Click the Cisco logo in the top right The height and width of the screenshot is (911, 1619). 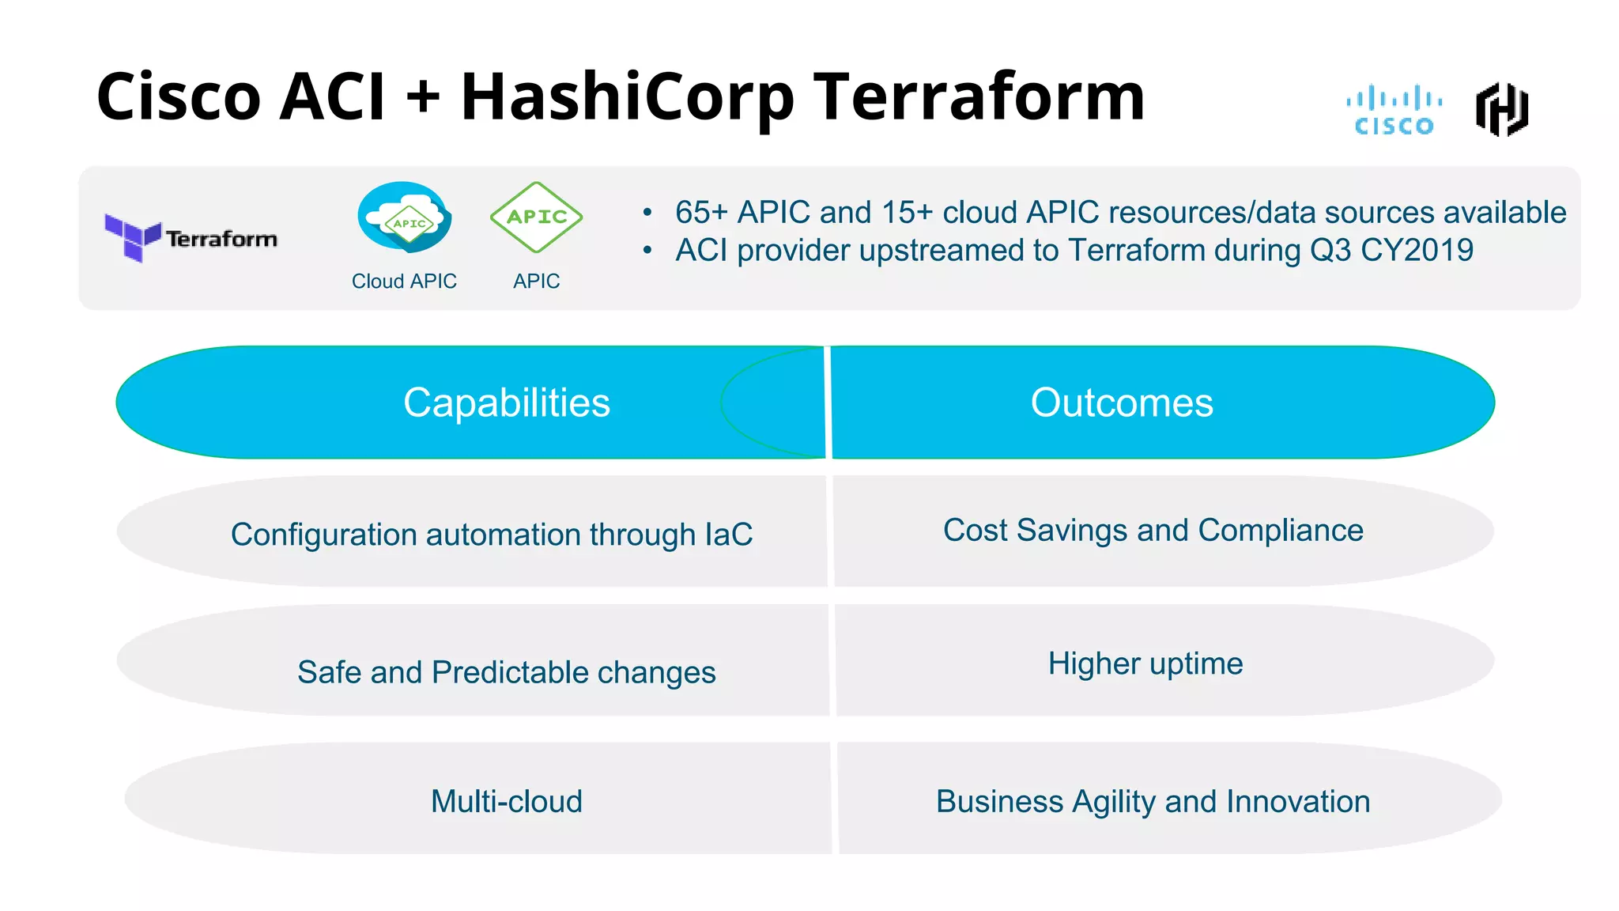tap(1394, 111)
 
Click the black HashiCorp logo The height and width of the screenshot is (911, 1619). tap(1501, 110)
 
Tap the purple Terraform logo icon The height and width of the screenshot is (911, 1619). tap(132, 236)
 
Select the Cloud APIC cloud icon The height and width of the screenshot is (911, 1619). tap(405, 218)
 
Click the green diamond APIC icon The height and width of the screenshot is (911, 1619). tap(536, 217)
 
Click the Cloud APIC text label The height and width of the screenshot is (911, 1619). tap(404, 282)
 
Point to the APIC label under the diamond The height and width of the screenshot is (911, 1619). tap(536, 282)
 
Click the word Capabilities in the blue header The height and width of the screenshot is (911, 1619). tap(507, 403)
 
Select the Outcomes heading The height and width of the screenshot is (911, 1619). tap(1121, 403)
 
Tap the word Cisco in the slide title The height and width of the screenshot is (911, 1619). tap(179, 96)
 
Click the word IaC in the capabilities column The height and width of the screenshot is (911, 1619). tap(728, 535)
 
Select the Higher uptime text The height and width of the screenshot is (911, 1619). tap(1145, 663)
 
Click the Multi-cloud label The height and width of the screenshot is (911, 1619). tap(506, 801)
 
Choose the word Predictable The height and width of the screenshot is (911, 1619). tap(510, 672)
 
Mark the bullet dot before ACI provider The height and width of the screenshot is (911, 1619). tap(647, 251)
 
